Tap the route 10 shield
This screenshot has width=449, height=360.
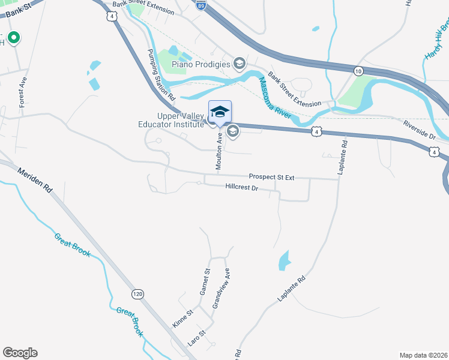click(x=358, y=71)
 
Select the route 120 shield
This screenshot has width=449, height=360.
click(x=137, y=294)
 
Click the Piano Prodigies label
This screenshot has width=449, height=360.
click(x=201, y=64)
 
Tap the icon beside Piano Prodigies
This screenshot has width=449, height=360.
click(x=240, y=64)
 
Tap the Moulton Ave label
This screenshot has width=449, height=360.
click(x=220, y=146)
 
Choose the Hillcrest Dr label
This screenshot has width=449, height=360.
click(x=241, y=187)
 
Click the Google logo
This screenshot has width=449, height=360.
click(x=20, y=353)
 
